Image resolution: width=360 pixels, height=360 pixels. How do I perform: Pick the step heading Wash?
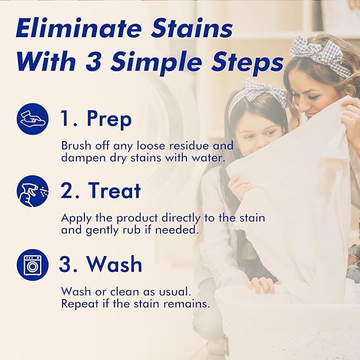pos(115,264)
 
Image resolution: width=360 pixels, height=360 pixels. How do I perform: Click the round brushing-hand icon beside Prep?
pos(33,119)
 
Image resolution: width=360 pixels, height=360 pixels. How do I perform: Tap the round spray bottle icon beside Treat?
pos(33,191)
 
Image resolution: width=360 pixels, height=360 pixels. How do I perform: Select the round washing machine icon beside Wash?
pos(33,265)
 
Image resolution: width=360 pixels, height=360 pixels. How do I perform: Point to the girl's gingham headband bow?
pos(258,90)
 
